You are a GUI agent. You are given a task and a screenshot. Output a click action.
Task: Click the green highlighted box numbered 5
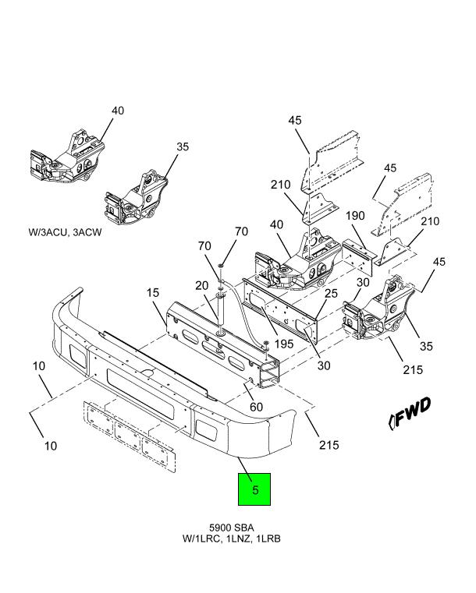[254, 489]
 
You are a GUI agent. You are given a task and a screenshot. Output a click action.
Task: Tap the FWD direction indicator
[410, 412]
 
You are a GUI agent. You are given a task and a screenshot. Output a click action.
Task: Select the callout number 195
[284, 344]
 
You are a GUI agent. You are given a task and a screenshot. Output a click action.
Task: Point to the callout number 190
[355, 216]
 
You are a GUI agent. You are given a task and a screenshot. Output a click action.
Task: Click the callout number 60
[257, 407]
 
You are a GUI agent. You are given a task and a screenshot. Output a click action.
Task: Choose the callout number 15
[153, 292]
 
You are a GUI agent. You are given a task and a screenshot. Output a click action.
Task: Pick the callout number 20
[202, 285]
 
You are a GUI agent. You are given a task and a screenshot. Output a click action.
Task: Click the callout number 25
[331, 293]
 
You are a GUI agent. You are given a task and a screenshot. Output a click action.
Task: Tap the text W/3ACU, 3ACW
[65, 232]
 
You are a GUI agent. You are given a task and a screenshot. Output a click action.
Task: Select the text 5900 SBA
[232, 528]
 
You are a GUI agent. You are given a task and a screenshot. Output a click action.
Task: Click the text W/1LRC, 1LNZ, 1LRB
[232, 538]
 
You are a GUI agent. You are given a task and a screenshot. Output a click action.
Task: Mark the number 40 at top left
[118, 111]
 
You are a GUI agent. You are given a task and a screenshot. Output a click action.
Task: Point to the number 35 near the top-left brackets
[183, 146]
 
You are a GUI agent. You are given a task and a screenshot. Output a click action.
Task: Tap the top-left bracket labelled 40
[67, 157]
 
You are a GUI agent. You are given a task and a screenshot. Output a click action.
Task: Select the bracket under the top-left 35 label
[136, 199]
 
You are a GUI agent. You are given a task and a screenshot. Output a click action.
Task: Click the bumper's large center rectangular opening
[140, 394]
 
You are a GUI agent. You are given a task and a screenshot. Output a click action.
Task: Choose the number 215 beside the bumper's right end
[329, 445]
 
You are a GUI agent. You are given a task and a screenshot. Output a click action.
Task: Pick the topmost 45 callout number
[295, 120]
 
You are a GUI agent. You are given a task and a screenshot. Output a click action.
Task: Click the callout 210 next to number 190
[430, 221]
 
